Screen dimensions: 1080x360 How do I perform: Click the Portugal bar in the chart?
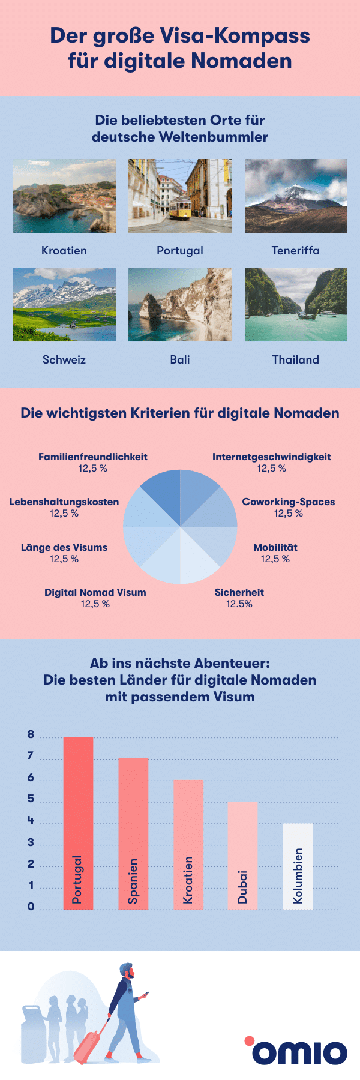(78, 822)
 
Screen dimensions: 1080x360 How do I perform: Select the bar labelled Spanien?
(133, 834)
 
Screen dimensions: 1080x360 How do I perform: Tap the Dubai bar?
(242, 855)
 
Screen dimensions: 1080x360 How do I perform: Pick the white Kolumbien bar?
(298, 866)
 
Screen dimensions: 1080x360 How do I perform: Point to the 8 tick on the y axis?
(31, 735)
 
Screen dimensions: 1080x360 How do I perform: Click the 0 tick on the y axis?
(31, 907)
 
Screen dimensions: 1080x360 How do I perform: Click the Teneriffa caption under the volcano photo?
(295, 251)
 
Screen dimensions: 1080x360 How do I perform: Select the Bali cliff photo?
(180, 305)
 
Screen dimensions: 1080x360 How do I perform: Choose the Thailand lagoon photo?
(296, 305)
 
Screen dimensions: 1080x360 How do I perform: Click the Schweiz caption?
(64, 360)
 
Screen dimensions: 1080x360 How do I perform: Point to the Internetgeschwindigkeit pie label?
(271, 457)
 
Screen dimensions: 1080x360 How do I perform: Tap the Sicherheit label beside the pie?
(239, 592)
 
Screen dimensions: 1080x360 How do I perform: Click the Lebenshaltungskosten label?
(64, 502)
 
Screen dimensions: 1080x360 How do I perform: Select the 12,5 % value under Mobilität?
(275, 559)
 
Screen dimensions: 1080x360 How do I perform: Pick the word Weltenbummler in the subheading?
(213, 137)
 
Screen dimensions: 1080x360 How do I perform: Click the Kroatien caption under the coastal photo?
(64, 251)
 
